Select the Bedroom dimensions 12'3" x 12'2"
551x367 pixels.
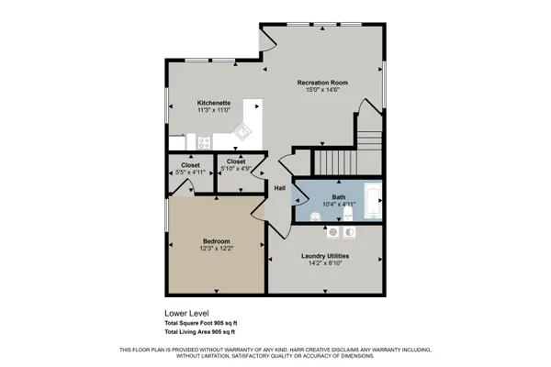click(217, 249)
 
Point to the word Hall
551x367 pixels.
click(280, 188)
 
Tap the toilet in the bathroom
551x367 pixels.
click(349, 213)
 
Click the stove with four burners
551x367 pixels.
click(202, 142)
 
